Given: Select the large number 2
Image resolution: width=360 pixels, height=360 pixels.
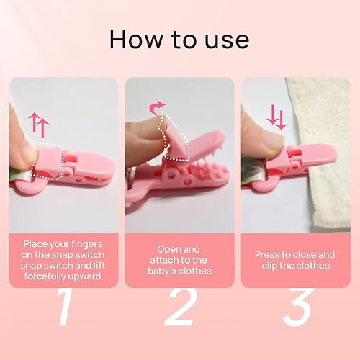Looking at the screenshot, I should pos(179,307).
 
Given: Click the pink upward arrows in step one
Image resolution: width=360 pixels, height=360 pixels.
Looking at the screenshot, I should pos(38,124).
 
